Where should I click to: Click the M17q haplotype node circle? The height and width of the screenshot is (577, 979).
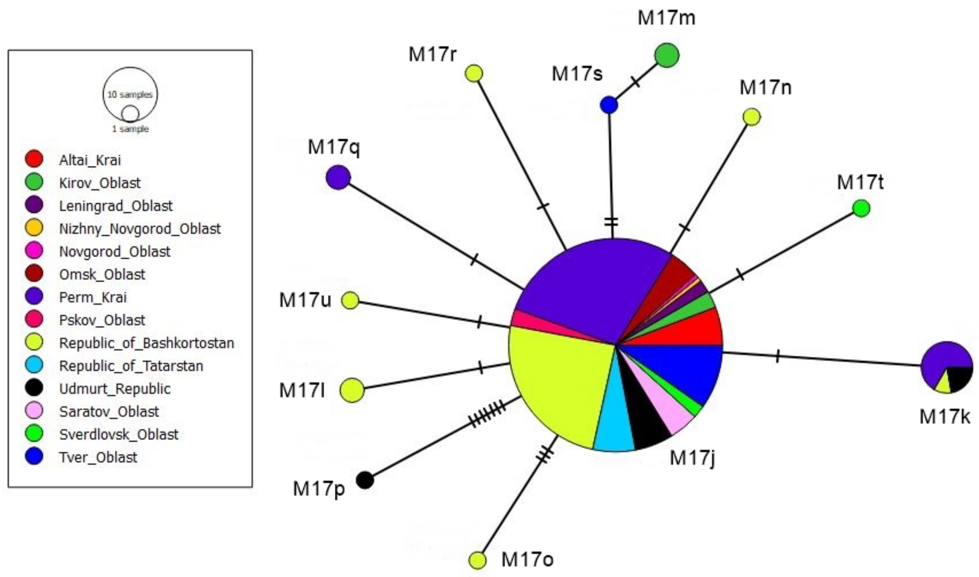[x=338, y=177]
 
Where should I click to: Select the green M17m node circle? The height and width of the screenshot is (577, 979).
[x=667, y=55]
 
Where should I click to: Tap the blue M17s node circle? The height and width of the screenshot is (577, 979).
[x=609, y=105]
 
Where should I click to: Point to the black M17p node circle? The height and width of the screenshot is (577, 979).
[x=365, y=480]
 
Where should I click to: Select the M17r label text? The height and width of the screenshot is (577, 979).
[x=432, y=54]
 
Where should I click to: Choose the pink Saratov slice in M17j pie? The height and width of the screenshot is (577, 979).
[x=675, y=412]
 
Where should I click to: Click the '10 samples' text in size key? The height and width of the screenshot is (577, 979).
[x=130, y=94]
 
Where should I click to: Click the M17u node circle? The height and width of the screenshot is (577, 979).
[x=350, y=300]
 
